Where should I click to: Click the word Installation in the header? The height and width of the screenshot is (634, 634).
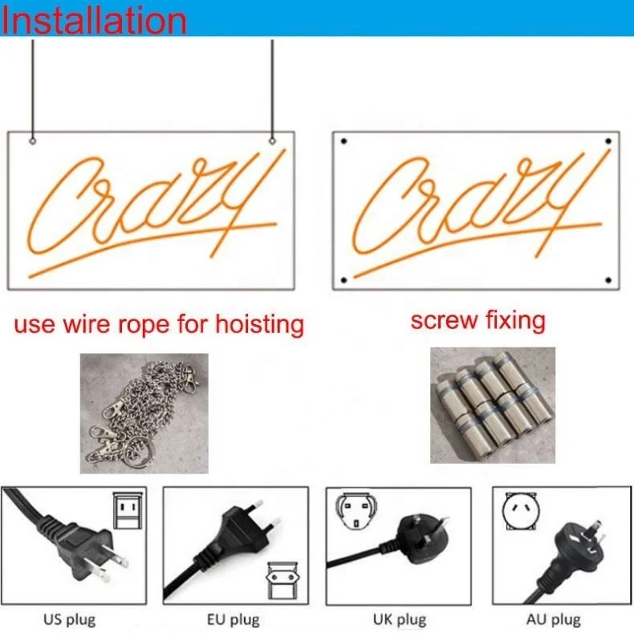tap(94, 20)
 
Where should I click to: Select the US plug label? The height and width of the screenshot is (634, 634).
tap(70, 620)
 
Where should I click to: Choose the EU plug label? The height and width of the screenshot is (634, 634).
tap(234, 620)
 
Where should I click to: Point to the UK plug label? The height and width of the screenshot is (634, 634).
tap(400, 620)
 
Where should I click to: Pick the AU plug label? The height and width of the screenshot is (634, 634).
tap(554, 620)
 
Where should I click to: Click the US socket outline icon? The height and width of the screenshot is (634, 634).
tap(128, 510)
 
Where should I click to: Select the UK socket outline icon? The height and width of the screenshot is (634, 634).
tap(356, 511)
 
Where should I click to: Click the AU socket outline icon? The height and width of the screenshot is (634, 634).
tap(519, 511)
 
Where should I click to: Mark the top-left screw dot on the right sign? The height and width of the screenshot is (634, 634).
tap(343, 141)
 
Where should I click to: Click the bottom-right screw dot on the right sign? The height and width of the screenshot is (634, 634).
tap(608, 280)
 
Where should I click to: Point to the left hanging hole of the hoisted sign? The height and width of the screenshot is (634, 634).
tap(33, 141)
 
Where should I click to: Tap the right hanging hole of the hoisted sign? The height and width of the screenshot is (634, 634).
tap(272, 141)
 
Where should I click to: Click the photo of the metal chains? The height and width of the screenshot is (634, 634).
tap(144, 413)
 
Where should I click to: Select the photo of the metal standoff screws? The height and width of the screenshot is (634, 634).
tap(493, 404)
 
